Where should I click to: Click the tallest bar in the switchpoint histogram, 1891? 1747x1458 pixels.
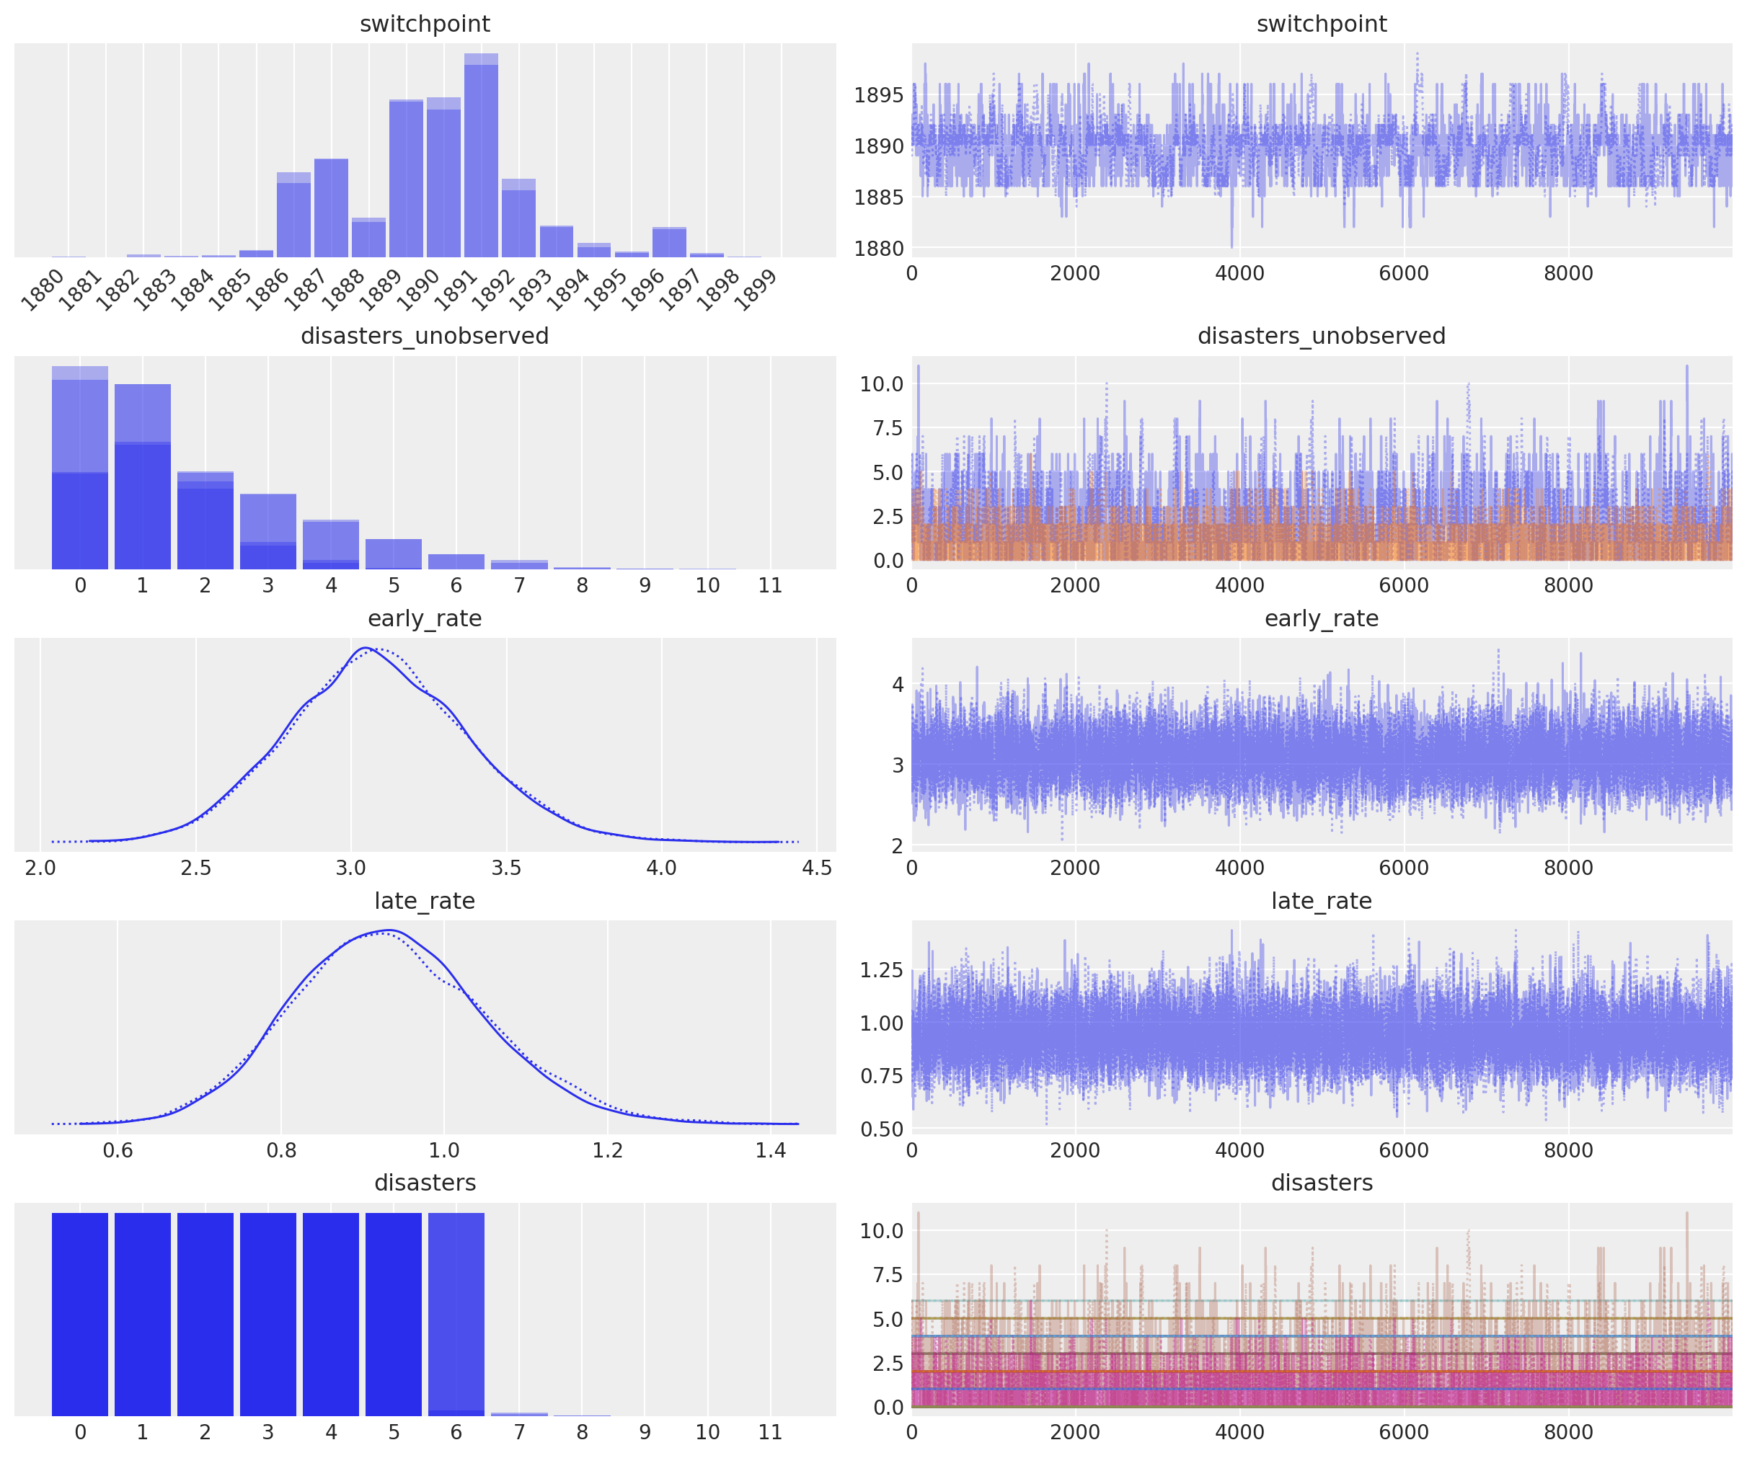coord(481,156)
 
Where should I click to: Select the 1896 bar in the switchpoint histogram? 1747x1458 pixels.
coord(669,242)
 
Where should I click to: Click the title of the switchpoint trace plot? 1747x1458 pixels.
coord(1321,23)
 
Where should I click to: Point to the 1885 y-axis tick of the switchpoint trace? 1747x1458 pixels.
coord(878,197)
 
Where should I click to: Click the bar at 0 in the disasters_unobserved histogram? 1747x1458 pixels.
coord(80,468)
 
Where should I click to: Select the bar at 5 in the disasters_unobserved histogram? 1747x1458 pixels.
coord(394,554)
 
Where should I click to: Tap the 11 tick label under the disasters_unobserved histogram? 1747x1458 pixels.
coord(770,585)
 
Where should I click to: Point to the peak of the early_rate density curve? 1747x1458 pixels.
coord(366,648)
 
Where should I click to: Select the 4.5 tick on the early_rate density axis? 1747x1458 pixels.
coord(816,868)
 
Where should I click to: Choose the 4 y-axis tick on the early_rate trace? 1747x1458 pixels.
coord(898,685)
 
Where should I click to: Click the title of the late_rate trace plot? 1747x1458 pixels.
coord(1321,901)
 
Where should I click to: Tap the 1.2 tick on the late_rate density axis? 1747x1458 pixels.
coord(607,1150)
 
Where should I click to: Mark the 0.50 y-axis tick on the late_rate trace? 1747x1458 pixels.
coord(881,1129)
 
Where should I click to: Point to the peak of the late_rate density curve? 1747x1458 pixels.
coord(389,930)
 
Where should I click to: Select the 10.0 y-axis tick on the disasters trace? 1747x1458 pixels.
coord(881,1231)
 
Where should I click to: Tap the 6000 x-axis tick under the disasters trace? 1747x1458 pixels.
coord(1403,1432)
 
